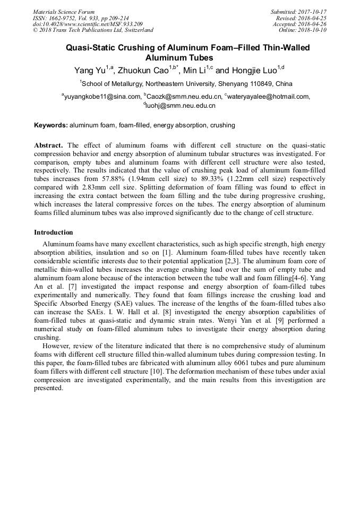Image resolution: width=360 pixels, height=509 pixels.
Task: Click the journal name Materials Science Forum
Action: [64, 12]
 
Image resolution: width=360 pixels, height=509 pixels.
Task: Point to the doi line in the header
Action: [88, 24]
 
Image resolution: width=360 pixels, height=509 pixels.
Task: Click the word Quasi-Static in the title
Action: [90, 48]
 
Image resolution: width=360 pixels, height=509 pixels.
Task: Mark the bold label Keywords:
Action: [51, 125]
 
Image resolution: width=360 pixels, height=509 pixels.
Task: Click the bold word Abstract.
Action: [49, 145]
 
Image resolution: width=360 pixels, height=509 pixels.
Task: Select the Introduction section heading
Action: [54, 232]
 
